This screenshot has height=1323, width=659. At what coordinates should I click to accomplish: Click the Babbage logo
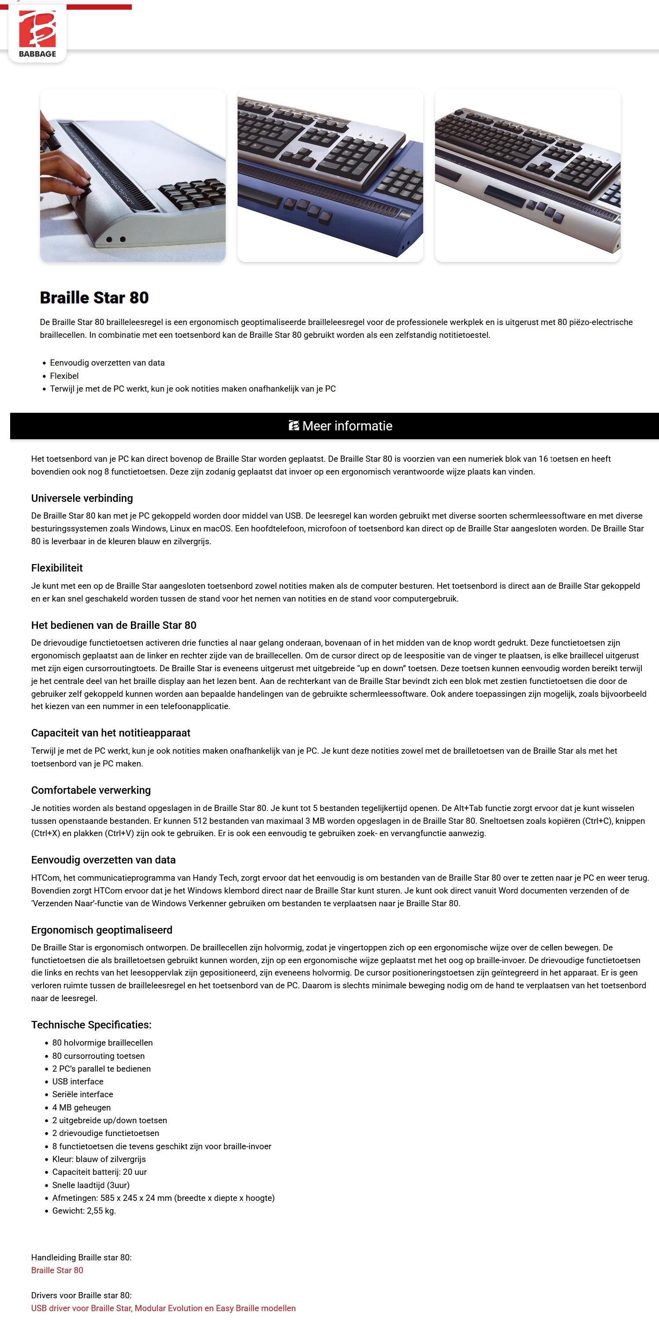point(37,34)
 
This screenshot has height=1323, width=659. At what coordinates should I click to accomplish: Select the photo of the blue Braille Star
point(330,175)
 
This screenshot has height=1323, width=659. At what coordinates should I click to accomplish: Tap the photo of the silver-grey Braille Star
point(527,175)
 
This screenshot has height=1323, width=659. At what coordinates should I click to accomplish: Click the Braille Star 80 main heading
point(94,297)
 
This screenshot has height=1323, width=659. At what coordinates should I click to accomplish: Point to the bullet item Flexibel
point(64,376)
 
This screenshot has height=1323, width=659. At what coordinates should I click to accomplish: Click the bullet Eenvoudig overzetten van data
point(107,363)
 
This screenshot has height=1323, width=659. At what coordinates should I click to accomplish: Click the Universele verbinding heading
point(82,498)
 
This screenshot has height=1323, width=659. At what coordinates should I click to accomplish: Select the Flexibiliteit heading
point(57,568)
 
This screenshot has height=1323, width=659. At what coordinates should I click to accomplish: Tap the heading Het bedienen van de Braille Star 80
point(113,625)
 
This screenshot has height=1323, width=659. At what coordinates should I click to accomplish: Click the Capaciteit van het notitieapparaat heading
point(110,733)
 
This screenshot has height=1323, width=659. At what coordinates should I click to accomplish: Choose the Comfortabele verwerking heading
point(91,790)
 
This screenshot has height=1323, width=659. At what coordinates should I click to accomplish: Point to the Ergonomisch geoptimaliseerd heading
point(102,930)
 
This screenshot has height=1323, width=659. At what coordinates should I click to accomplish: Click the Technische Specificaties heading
point(91,1024)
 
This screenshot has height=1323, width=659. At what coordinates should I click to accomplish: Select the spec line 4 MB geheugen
point(81,1107)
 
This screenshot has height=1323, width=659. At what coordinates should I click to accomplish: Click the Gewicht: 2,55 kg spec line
point(84,1211)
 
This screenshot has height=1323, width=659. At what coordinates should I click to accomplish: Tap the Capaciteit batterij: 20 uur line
point(99,1172)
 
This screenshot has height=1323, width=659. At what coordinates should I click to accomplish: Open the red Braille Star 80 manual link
point(57,1270)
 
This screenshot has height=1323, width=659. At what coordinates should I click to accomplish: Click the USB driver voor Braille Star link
point(163,1308)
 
